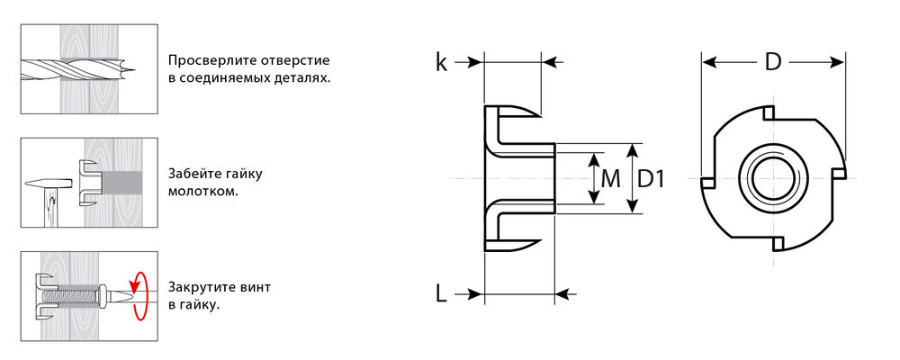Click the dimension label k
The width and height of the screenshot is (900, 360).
(x=441, y=62)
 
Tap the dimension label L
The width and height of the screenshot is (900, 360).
(x=441, y=293)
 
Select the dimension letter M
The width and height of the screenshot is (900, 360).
(x=610, y=178)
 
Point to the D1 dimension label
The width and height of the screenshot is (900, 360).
(x=651, y=178)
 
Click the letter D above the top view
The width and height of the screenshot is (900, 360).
(x=773, y=62)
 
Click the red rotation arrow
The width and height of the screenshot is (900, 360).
(x=139, y=294)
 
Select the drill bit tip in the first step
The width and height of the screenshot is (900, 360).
(x=131, y=67)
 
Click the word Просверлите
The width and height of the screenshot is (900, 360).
(x=208, y=61)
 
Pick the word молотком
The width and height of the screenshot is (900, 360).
(x=202, y=192)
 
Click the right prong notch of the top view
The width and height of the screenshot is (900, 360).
(x=838, y=172)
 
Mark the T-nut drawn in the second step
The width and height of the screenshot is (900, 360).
(x=89, y=181)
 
